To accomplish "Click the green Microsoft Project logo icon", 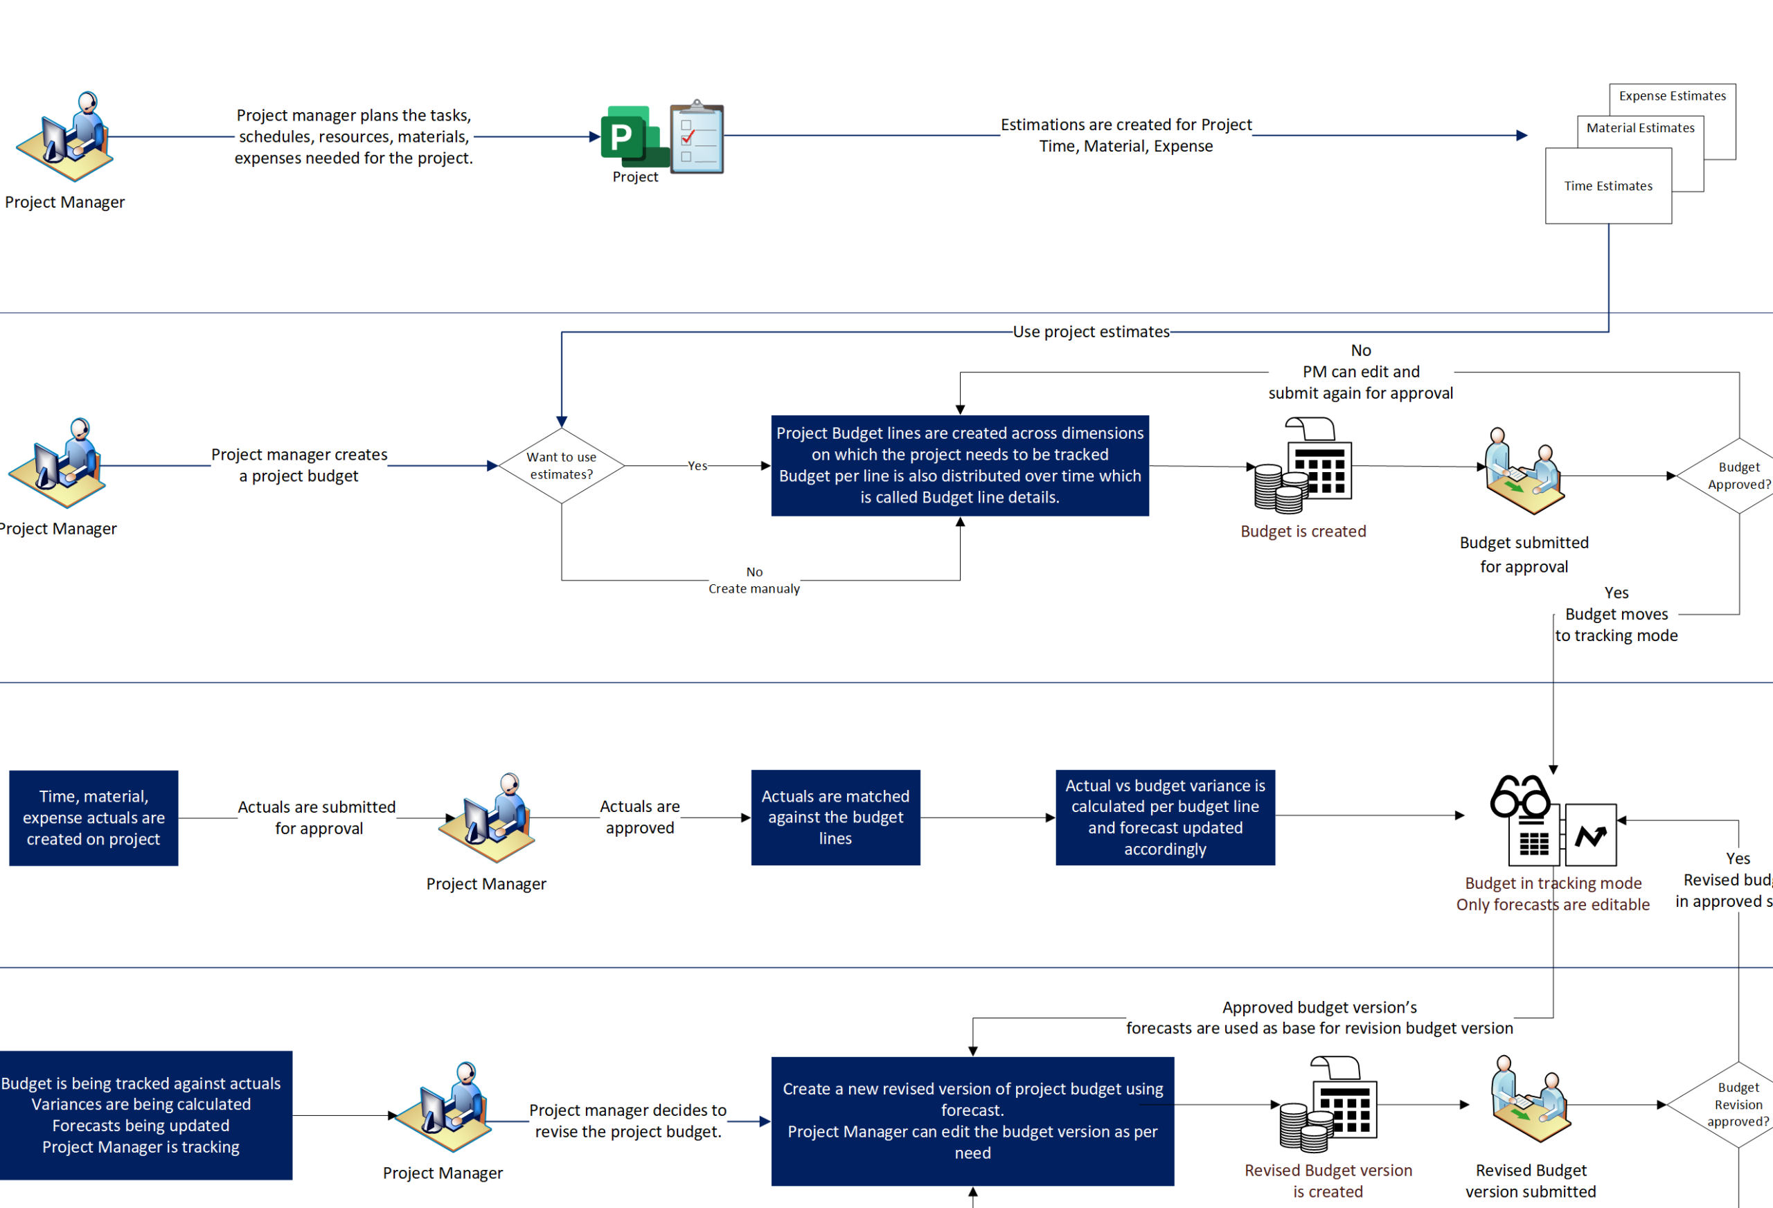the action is click(x=634, y=136).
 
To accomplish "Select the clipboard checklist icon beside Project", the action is click(x=697, y=137).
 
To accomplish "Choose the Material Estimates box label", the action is click(x=1640, y=128).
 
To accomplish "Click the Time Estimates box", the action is click(x=1608, y=186).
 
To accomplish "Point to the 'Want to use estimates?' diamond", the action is click(x=562, y=465).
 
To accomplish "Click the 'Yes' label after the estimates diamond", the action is click(x=697, y=466).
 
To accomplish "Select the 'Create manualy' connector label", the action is click(x=754, y=588).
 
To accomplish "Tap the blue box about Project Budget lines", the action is click(x=960, y=465).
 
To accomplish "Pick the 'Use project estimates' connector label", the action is click(x=1091, y=332).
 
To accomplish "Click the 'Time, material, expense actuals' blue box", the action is click(x=93, y=818).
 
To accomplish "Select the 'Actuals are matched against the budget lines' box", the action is click(x=835, y=818).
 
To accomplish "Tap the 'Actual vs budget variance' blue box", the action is click(x=1165, y=818).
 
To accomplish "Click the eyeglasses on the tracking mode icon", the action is click(x=1519, y=797).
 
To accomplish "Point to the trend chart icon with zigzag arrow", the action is click(x=1591, y=835).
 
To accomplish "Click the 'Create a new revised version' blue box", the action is click(x=972, y=1121).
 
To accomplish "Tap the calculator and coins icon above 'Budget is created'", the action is click(x=1303, y=465).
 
